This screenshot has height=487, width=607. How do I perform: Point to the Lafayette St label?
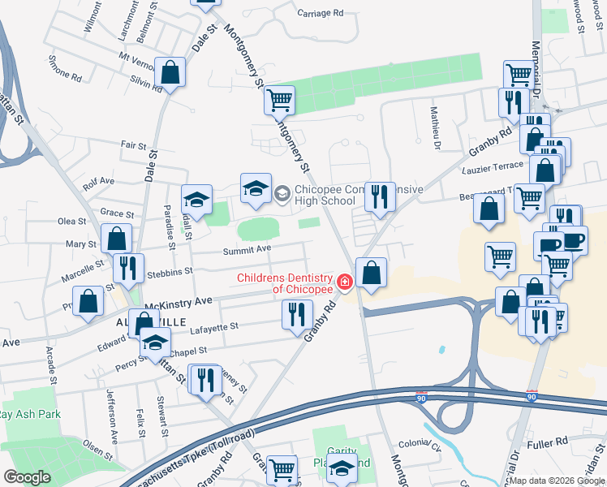tap(213, 325)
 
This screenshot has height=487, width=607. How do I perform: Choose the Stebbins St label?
tap(169, 271)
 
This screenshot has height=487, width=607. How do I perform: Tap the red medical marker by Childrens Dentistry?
tap(344, 282)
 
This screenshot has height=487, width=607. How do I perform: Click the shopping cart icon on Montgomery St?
tap(279, 101)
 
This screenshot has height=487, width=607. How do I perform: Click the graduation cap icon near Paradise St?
tap(196, 199)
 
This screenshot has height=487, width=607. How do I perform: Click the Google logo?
tap(27, 477)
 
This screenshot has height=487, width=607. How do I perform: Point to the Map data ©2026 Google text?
tap(557, 481)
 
